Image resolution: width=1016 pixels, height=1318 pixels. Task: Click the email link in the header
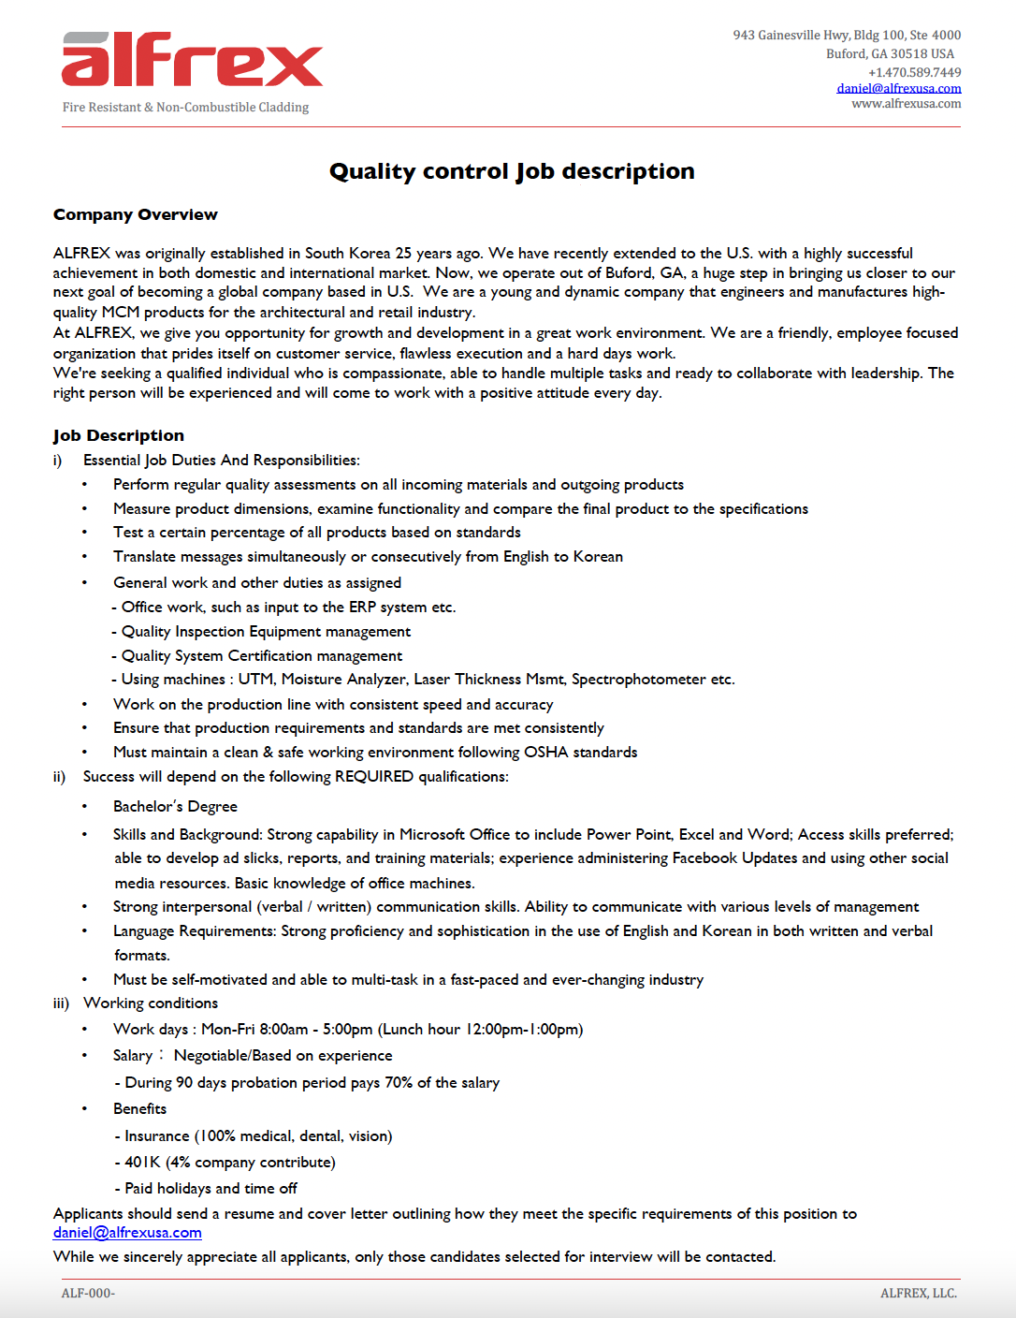point(898,88)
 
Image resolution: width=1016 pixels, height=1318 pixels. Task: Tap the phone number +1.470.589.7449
point(914,72)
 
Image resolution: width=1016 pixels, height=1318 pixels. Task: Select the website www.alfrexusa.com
point(906,104)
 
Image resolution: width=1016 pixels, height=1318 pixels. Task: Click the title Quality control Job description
point(512,171)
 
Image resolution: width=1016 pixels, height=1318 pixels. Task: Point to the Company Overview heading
point(136,214)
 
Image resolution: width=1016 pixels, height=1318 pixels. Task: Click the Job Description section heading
point(119,435)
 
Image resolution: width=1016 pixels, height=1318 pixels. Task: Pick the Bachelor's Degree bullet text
point(175,806)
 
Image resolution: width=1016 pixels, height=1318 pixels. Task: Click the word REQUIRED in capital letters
point(374,776)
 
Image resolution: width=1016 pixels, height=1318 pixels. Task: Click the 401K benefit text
point(143,1162)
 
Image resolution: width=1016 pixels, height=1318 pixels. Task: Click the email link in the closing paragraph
point(127,1233)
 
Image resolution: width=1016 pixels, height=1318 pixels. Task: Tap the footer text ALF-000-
point(88,1293)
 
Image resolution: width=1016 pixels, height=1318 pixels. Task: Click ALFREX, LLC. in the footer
point(918,1293)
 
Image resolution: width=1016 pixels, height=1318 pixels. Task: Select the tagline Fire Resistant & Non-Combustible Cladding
point(185,108)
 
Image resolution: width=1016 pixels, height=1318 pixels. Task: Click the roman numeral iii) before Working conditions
point(61,1003)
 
